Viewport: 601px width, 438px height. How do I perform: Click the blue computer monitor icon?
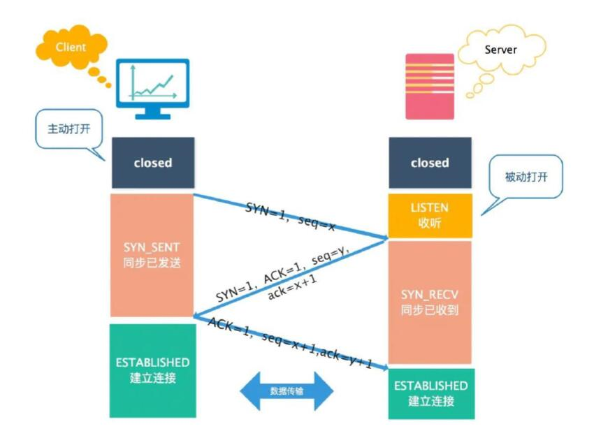[152, 89]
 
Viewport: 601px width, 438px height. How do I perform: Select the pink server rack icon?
[430, 87]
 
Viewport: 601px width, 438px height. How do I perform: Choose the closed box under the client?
[153, 163]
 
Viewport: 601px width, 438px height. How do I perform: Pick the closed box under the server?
[430, 163]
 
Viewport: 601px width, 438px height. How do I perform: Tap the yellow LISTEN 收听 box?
[430, 215]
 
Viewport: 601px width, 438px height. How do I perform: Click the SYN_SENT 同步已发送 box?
[152, 255]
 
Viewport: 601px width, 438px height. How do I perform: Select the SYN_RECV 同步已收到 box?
[430, 302]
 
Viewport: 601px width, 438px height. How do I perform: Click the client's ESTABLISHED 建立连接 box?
[153, 370]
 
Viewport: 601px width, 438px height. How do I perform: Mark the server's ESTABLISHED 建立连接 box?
[431, 393]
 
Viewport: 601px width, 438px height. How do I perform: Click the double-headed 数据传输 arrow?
[287, 391]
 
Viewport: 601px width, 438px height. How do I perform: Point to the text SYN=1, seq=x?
[291, 217]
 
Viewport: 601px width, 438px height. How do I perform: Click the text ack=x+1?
[292, 286]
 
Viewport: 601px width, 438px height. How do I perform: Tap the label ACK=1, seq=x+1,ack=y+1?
[290, 342]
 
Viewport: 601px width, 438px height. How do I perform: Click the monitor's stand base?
[152, 116]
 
